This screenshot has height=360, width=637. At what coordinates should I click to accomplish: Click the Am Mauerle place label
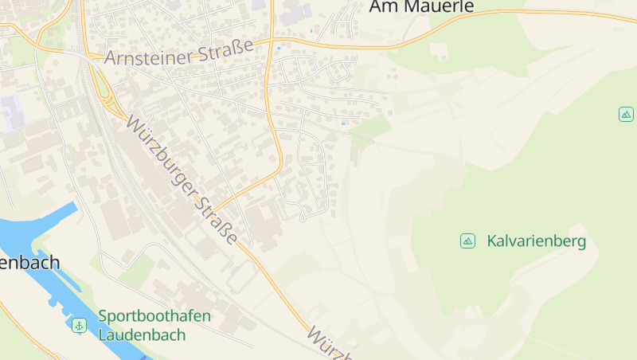(421, 7)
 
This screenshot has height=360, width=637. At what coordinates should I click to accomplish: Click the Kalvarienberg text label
(536, 241)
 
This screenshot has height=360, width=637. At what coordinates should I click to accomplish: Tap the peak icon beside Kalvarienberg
(467, 241)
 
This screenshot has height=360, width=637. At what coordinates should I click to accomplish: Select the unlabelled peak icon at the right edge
(626, 114)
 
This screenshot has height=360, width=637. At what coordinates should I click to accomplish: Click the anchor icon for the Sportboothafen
(79, 325)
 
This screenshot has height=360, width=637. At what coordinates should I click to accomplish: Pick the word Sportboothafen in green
(154, 316)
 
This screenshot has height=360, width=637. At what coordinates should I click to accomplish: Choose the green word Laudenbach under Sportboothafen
(142, 335)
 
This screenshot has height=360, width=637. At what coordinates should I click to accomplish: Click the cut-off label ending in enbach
(29, 262)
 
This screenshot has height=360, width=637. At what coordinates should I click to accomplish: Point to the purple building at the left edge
(12, 111)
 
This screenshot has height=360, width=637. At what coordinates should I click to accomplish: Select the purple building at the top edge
(295, 14)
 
